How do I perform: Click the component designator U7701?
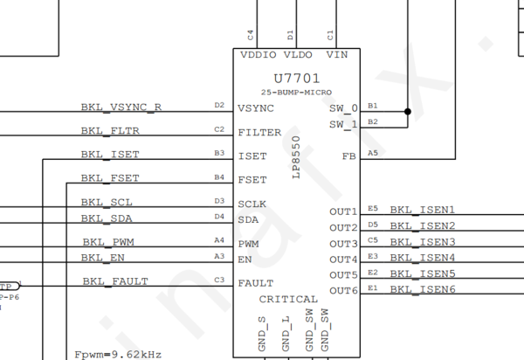pyautogui.click(x=296, y=78)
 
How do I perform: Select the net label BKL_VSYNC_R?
pyautogui.click(x=121, y=107)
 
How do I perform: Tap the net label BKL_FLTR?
pyautogui.click(x=110, y=131)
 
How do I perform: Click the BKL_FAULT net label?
pyautogui.click(x=115, y=281)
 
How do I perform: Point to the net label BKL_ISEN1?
pyautogui.click(x=423, y=211)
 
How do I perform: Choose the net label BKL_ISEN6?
pyautogui.click(x=423, y=289)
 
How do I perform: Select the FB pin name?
pyautogui.click(x=349, y=156)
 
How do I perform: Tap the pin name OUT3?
pyautogui.click(x=343, y=243)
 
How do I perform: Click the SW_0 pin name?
pyautogui.click(x=343, y=108)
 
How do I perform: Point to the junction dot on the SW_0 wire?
pyautogui.click(x=407, y=111)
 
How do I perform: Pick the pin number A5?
pyautogui.click(x=373, y=152)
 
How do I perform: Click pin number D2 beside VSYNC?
pyautogui.click(x=219, y=105)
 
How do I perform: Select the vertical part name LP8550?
pyautogui.click(x=296, y=157)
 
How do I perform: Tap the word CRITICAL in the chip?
pyautogui.click(x=288, y=300)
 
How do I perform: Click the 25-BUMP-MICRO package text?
pyautogui.click(x=296, y=92)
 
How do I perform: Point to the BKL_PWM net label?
pyautogui.click(x=109, y=242)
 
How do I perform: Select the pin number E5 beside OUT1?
pyautogui.click(x=373, y=208)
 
